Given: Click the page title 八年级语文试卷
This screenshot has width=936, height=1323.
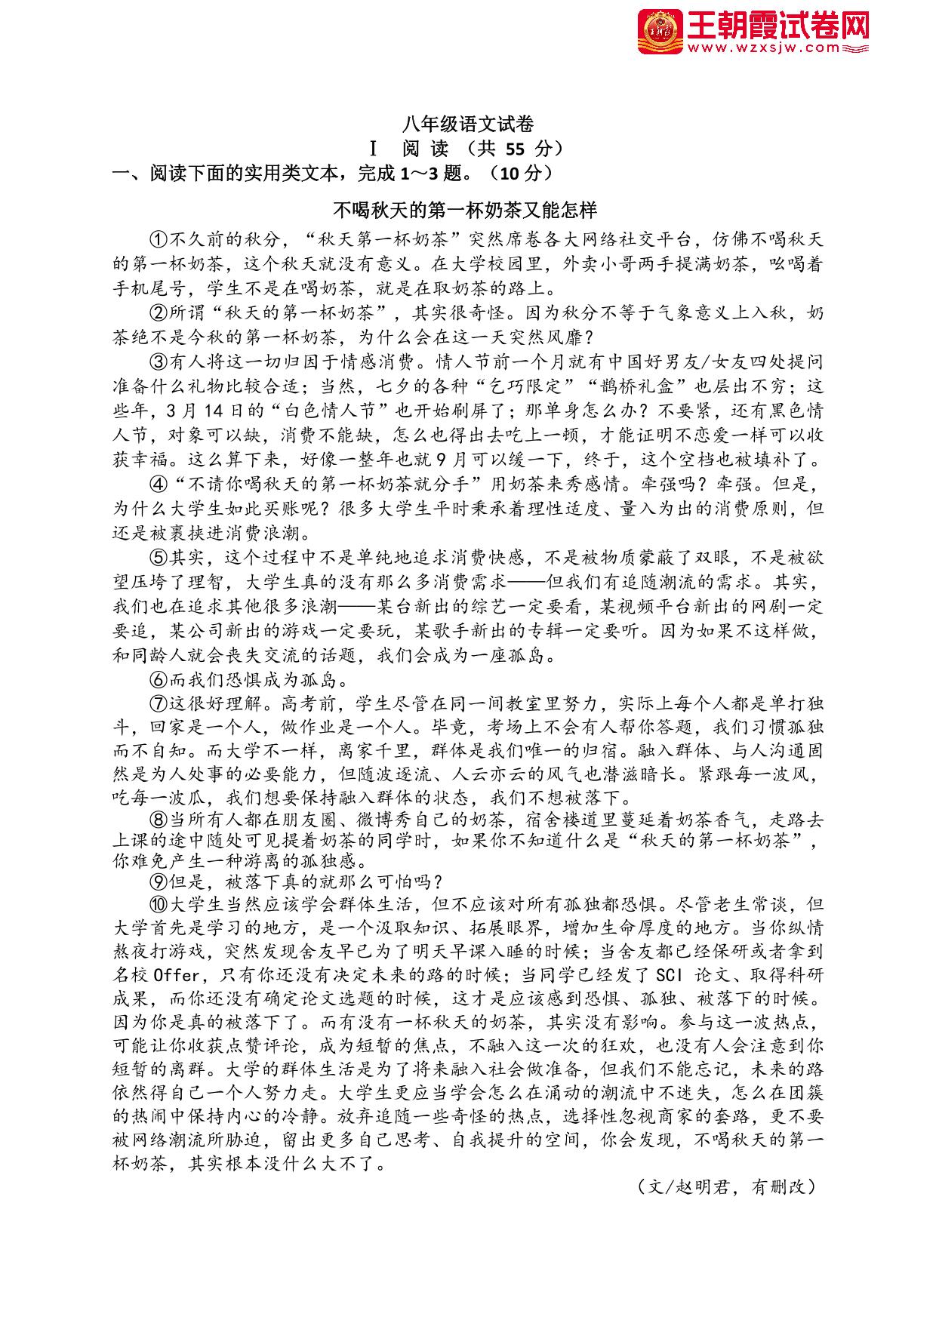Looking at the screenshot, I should pos(468,124).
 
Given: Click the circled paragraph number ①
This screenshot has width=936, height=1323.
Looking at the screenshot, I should pos(159,240).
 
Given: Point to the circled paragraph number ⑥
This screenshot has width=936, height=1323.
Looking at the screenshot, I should pos(159,679).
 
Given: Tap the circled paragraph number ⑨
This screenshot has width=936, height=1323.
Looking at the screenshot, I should pos(159,881).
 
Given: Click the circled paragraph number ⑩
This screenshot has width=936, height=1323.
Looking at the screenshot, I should pos(159,904).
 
